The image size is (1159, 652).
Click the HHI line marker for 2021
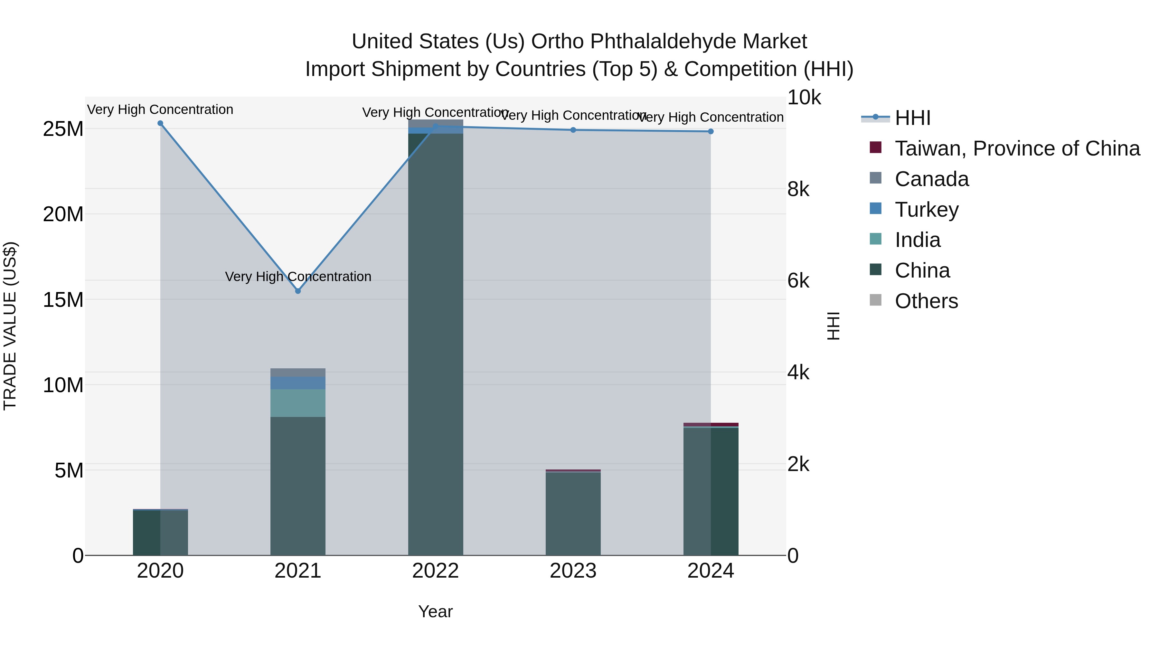298,291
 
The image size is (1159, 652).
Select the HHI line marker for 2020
160,123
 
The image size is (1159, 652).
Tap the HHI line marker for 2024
711,131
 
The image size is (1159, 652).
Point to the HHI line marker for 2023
573,130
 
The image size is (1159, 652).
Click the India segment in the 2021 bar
298,403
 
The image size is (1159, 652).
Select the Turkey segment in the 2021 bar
298,383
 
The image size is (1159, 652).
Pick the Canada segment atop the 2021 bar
298,373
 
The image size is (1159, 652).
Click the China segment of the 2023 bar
573,513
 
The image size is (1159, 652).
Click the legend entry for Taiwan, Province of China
1017,148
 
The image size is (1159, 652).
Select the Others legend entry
926,301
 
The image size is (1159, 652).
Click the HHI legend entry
912,118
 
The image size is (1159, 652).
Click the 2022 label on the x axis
435,571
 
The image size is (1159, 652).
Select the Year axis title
435,611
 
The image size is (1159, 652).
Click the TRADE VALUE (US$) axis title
10,326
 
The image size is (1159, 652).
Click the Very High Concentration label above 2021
298,276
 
